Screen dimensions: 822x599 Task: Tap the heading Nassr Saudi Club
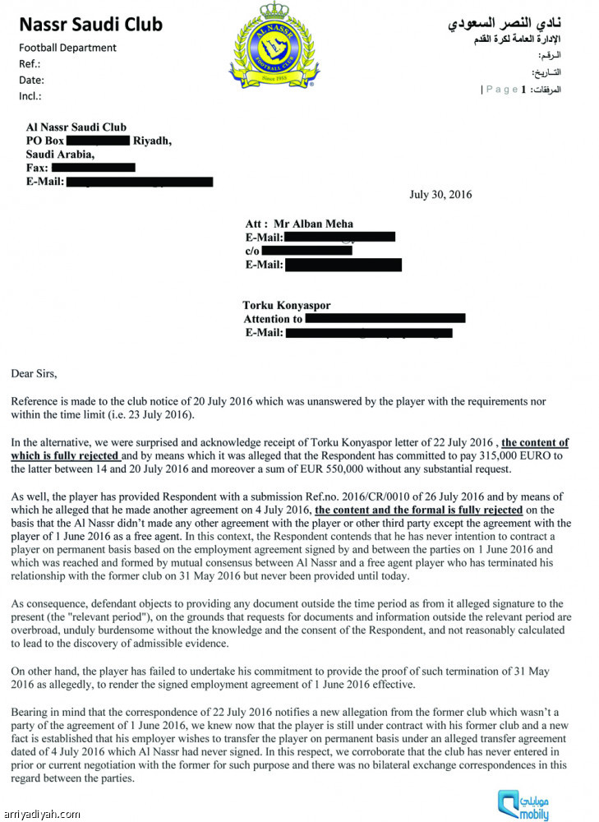click(90, 25)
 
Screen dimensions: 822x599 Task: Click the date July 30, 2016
click(440, 195)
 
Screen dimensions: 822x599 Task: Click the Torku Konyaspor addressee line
click(287, 306)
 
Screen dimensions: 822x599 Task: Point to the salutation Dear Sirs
click(35, 373)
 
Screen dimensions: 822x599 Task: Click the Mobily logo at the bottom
click(523, 801)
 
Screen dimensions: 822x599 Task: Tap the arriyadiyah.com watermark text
click(42, 815)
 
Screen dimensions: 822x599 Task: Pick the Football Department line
click(67, 48)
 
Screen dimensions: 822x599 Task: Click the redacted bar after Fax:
click(93, 168)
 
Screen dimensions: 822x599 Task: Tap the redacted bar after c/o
click(306, 250)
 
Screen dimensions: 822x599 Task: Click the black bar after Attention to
click(385, 318)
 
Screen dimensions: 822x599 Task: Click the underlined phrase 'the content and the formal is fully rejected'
click(419, 510)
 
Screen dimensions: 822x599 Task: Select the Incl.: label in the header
click(30, 96)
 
